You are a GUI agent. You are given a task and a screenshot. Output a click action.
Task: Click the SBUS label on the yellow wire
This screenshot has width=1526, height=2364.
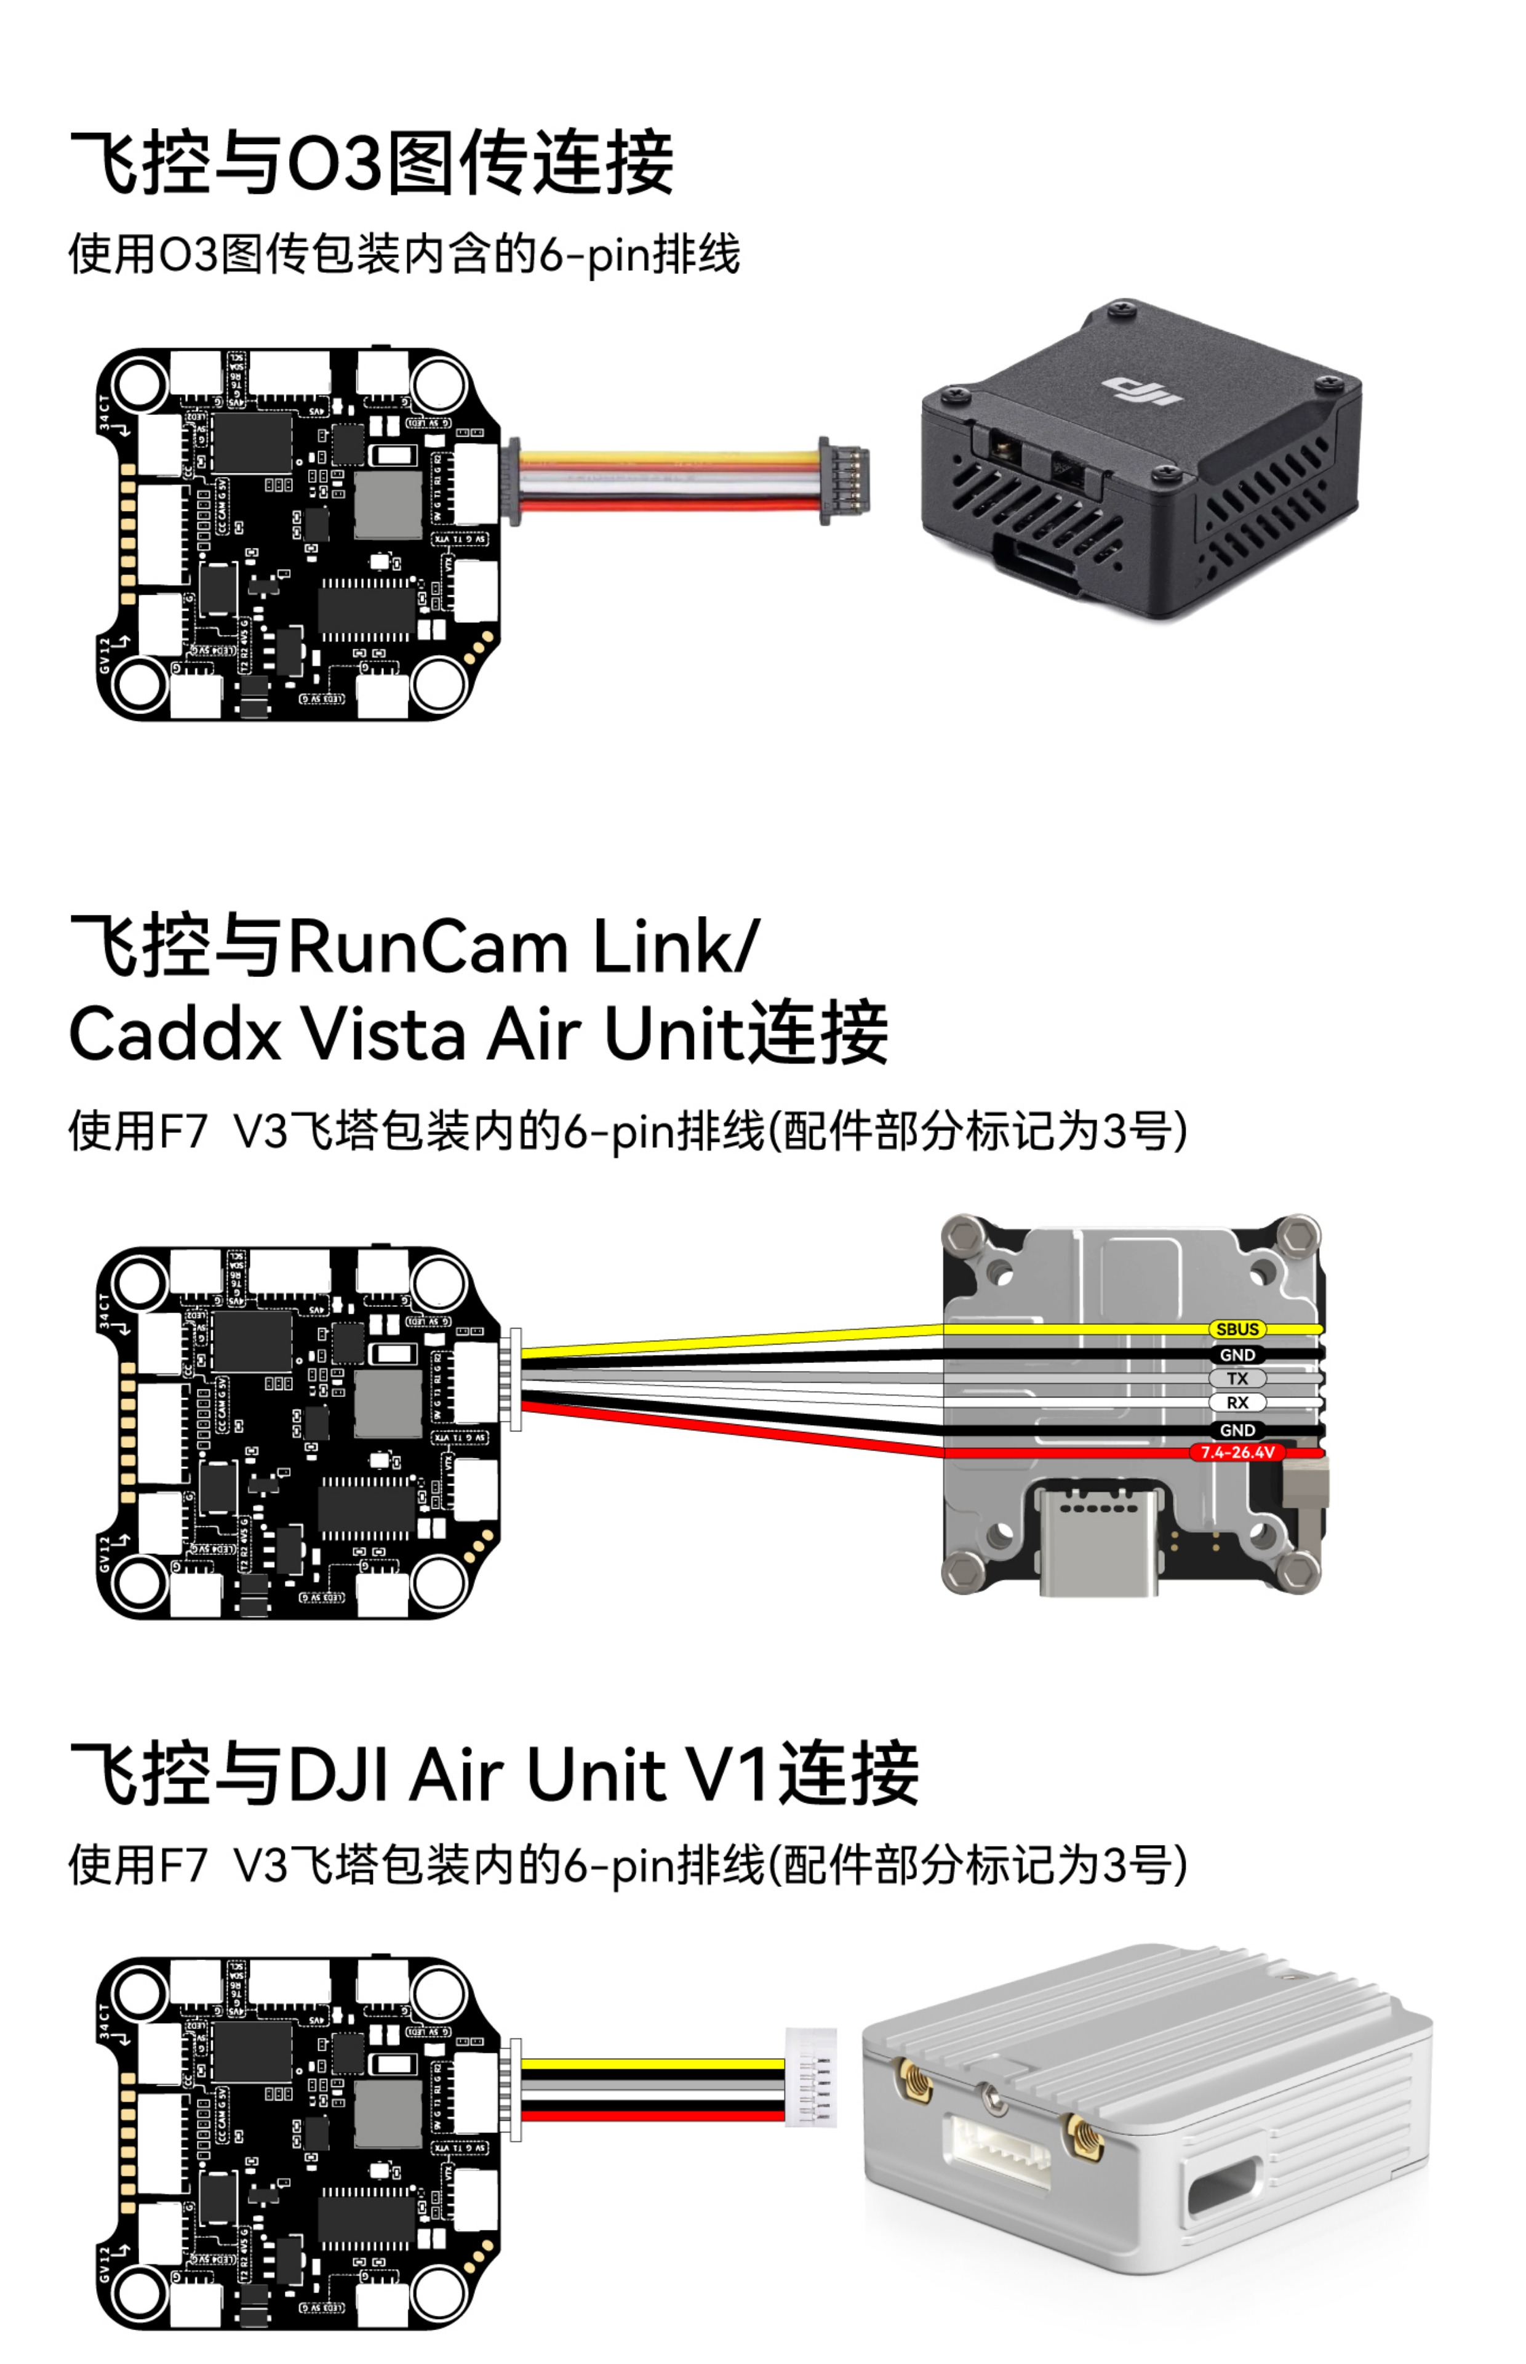pos(1237,1329)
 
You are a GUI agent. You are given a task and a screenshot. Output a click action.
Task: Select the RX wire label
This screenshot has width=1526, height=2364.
pos(1237,1402)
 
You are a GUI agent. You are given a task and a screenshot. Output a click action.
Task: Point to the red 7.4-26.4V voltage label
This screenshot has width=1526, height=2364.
pos(1237,1452)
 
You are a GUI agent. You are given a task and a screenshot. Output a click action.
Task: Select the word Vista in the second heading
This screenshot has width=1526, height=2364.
pos(383,1035)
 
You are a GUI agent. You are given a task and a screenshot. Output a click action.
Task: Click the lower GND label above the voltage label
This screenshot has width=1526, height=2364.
pos(1237,1430)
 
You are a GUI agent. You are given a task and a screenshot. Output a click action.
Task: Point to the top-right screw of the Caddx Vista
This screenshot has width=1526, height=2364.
pos(1296,1235)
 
